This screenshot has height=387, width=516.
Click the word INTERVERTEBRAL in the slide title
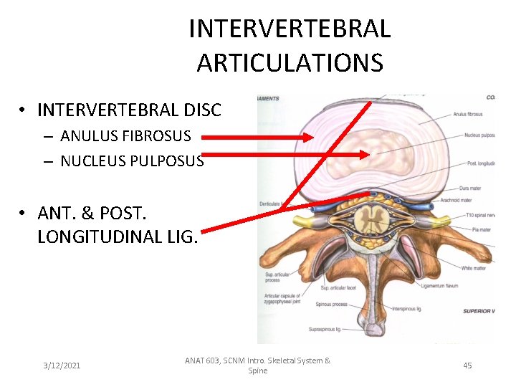[x=290, y=29]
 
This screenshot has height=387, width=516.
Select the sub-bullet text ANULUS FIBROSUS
[x=126, y=135]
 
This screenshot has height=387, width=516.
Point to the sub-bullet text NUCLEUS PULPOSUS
[x=133, y=161]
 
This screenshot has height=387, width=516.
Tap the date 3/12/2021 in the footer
[x=62, y=365]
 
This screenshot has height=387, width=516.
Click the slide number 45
[x=467, y=365]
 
